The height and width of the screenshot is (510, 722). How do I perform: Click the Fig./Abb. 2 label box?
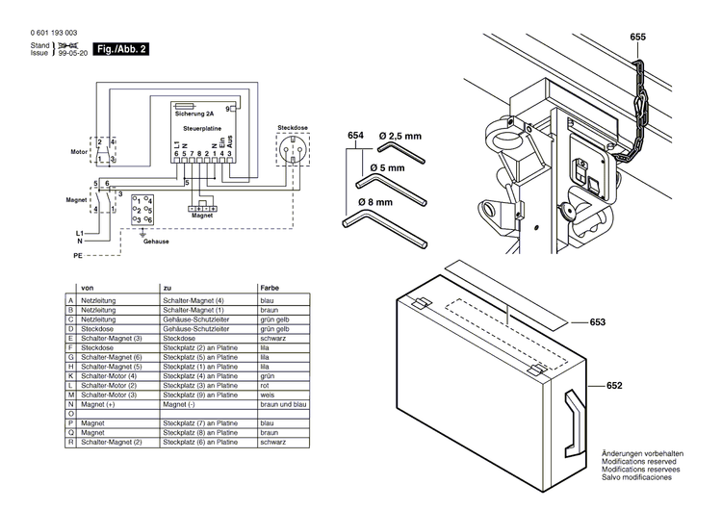point(122,48)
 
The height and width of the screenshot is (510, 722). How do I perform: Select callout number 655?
point(638,38)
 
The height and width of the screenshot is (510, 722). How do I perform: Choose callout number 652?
point(614,386)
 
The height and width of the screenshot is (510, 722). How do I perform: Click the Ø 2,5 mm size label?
point(401,137)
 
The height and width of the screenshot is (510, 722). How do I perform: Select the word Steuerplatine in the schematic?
point(203,127)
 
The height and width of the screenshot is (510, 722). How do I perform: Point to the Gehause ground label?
point(156,242)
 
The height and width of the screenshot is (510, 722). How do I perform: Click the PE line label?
point(79,258)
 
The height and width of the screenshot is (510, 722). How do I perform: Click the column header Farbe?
point(270,288)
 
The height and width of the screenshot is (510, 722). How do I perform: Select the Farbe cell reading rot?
point(265,385)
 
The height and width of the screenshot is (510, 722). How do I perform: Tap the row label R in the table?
point(70,441)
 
